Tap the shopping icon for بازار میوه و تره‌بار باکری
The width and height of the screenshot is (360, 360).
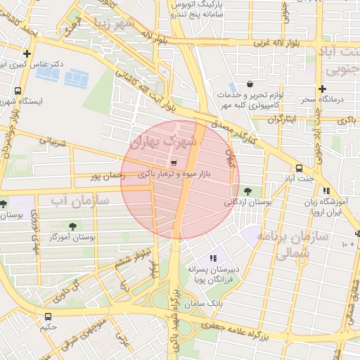173,162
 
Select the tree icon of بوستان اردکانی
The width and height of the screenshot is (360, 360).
246,191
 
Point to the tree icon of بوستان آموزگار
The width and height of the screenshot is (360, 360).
72,226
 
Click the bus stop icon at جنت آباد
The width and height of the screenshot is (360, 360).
300,168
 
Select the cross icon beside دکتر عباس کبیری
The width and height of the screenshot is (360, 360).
27,53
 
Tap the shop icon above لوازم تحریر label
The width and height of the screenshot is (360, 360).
250,84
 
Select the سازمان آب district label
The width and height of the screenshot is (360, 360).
79,200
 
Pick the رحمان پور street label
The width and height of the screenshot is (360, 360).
106,174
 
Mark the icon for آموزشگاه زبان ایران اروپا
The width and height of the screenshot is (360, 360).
326,191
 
